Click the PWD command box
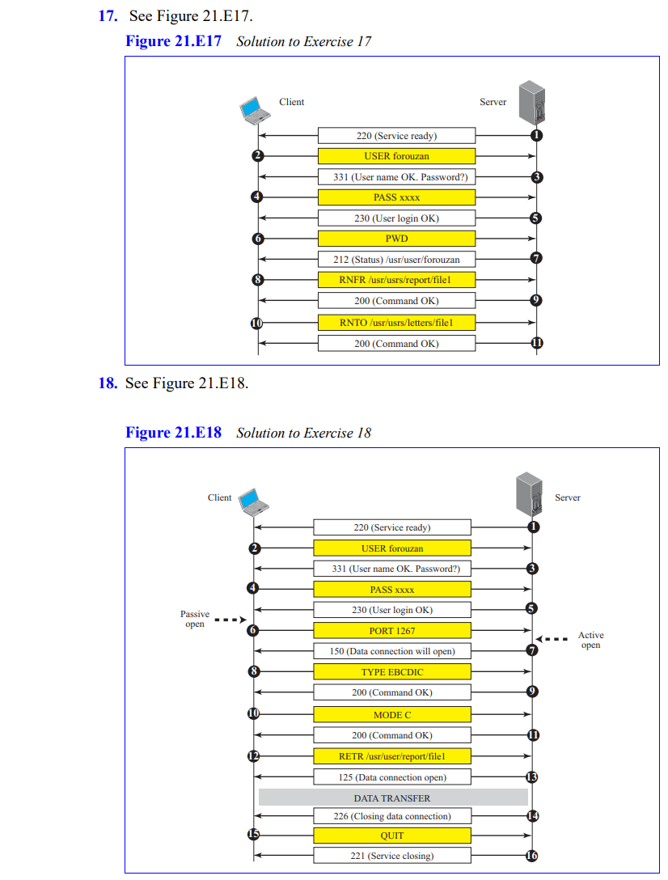click(x=396, y=239)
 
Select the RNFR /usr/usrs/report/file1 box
click(x=396, y=280)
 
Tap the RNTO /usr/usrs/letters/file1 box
click(x=396, y=323)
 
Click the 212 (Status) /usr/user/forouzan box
click(x=396, y=260)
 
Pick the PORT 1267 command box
click(x=392, y=631)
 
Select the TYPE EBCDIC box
click(x=392, y=672)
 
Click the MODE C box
click(x=392, y=715)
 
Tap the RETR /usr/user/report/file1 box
click(x=392, y=756)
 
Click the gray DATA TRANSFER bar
click(x=393, y=797)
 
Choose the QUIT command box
click(x=392, y=836)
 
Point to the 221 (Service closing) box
click(x=392, y=856)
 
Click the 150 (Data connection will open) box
click(x=392, y=651)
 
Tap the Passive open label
click(x=195, y=619)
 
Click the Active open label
click(x=590, y=640)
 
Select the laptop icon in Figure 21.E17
click(x=255, y=109)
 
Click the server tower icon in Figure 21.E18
click(x=530, y=494)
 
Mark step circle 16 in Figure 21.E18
click(x=532, y=857)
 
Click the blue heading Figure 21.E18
click(x=173, y=433)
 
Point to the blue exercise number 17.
click(x=108, y=16)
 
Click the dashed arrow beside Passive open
click(x=230, y=620)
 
